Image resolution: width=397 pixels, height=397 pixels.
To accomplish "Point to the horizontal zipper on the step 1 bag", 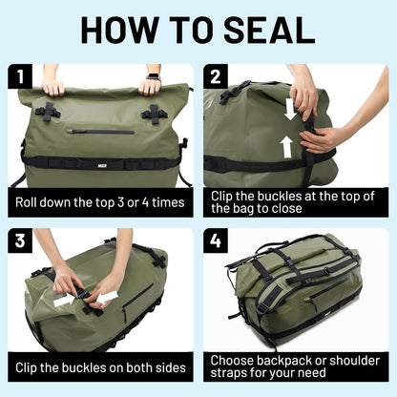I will click(100, 132).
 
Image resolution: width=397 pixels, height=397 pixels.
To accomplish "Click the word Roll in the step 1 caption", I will click(30, 202).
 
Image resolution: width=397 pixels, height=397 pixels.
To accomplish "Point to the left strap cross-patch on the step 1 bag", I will click(49, 111).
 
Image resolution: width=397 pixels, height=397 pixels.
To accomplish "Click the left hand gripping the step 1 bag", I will click(53, 86).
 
